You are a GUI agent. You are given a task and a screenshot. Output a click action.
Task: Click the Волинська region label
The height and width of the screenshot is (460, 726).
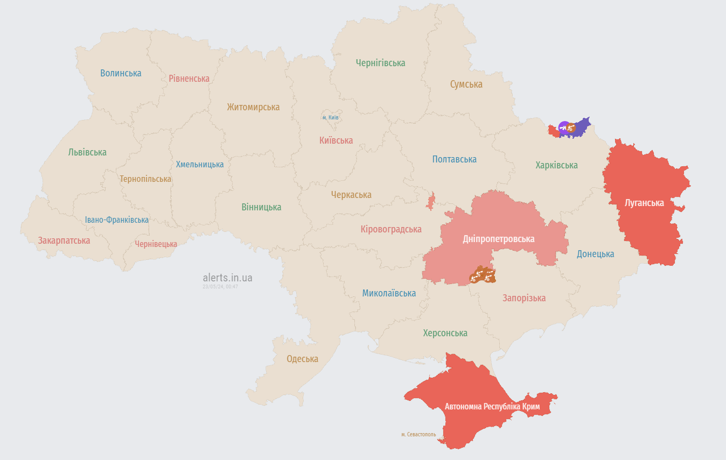121,73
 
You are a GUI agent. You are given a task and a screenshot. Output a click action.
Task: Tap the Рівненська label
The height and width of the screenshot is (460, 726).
189,79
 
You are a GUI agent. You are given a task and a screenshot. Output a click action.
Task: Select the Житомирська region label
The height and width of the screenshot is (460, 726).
253,107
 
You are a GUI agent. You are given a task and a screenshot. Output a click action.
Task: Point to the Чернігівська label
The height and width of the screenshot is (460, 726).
380,63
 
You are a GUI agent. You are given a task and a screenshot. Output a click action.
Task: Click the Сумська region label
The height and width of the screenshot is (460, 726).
466,84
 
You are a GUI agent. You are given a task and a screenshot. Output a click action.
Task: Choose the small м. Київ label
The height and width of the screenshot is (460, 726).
331,117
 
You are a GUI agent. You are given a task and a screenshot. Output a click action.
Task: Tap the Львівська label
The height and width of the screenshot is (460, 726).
87,152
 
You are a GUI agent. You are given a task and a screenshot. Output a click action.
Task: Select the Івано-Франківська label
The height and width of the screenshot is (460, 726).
117,220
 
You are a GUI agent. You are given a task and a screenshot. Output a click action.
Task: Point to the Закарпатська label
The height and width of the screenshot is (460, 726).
64,240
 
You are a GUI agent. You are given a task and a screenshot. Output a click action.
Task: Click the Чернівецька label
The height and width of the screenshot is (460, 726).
156,244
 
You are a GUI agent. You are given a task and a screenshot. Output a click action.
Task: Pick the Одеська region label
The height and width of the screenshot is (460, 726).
302,359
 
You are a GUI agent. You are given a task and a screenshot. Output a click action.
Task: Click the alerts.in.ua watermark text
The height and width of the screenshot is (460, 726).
227,278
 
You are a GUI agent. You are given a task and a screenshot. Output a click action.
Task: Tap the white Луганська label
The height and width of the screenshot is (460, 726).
644,203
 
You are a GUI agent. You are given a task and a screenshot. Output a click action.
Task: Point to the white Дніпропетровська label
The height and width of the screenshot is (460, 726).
499,239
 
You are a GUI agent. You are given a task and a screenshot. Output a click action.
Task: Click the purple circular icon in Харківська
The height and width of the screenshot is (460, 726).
563,127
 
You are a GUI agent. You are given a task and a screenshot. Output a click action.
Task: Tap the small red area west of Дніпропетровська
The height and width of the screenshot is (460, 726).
430,202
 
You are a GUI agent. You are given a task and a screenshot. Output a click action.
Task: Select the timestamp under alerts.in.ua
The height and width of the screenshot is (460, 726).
220,287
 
